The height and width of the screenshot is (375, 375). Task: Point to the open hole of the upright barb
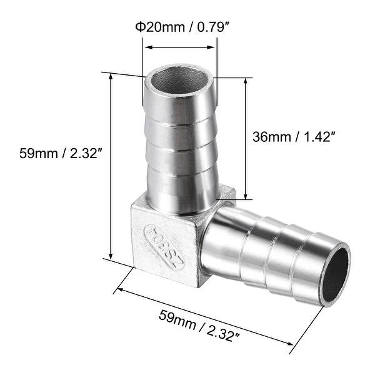[x=180, y=81]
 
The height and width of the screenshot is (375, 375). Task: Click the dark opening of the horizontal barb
[x=337, y=275]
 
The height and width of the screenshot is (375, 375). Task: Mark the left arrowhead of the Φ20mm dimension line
[x=147, y=46]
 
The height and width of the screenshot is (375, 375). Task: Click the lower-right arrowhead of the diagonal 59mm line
[x=291, y=342]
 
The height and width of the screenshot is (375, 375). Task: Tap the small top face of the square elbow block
[x=227, y=192]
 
